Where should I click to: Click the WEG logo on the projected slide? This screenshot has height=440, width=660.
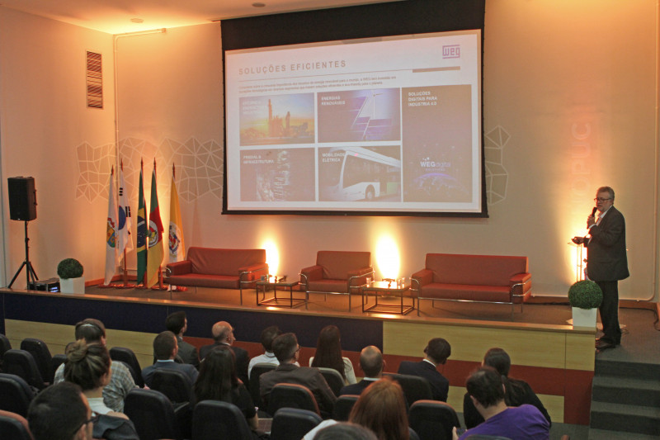coord(450,51)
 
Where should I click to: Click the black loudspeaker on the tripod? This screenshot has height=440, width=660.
coord(22,199)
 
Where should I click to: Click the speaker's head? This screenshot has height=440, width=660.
coord(604,198)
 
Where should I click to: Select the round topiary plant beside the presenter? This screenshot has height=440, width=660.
coord(585,295)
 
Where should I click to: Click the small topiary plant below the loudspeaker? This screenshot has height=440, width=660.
coord(70,269)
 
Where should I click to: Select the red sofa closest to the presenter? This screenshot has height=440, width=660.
coord(471,277)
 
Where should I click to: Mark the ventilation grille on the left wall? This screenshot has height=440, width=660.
coord(94,79)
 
